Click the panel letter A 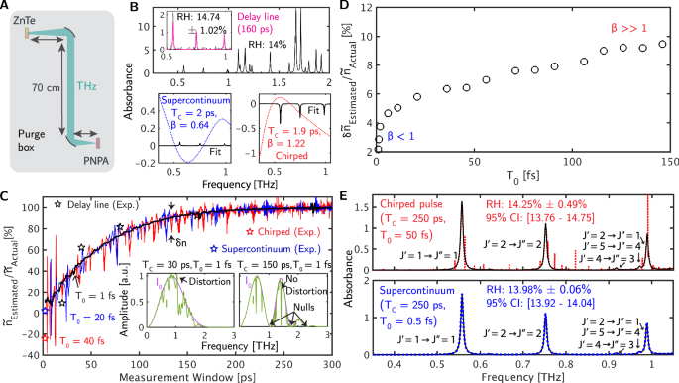(7, 8)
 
